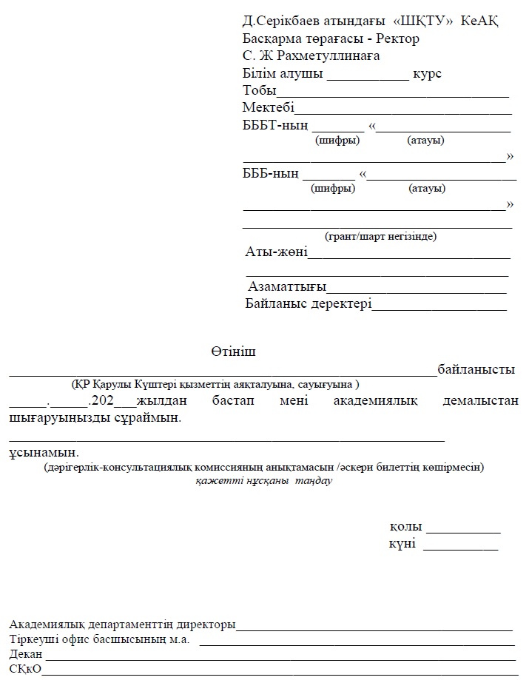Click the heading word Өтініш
232,351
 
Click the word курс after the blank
428,74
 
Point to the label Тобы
258,91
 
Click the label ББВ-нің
271,175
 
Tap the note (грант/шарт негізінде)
380,237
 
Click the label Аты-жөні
276,252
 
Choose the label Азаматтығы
287,286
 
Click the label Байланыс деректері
308,303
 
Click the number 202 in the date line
101,401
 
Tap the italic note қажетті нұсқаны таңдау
264,481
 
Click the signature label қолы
406,528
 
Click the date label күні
402,545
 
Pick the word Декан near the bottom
26,655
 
